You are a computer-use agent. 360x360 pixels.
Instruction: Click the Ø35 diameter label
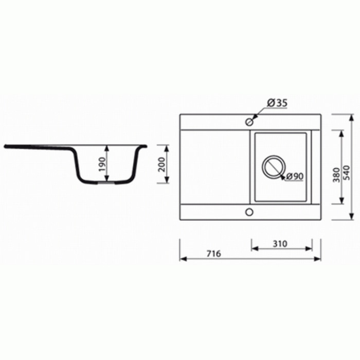point(277,103)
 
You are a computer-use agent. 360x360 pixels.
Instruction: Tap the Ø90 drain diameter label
point(295,176)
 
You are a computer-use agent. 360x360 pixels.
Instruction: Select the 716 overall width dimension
point(213,254)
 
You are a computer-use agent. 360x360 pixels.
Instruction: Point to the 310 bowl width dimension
point(280,244)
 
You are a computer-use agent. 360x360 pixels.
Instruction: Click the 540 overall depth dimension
point(347,173)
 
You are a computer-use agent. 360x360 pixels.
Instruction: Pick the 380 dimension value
point(336,175)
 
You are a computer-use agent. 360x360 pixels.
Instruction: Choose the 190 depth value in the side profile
point(102,164)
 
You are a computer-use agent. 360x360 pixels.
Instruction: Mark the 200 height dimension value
point(162,165)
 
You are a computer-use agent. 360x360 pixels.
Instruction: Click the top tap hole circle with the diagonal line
point(249,122)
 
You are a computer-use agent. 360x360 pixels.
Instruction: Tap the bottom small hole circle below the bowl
point(249,212)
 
